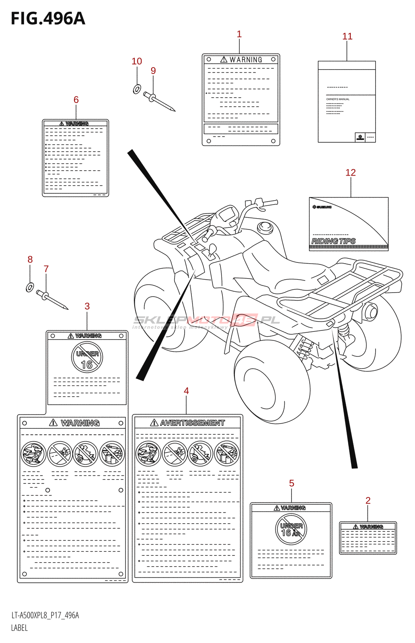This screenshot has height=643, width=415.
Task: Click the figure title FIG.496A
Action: (x=48, y=18)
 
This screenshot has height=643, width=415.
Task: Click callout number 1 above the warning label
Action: (x=239, y=34)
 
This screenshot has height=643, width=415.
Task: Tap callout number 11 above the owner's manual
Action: (x=347, y=37)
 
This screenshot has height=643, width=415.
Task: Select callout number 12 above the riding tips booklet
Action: (x=350, y=172)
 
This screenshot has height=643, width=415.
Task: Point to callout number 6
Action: (x=76, y=100)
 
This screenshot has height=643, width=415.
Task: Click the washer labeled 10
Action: (x=137, y=89)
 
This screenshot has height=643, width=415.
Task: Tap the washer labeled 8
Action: (x=30, y=287)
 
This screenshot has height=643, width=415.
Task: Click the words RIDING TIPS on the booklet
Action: (x=333, y=241)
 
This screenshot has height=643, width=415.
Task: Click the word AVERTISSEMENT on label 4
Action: (x=192, y=423)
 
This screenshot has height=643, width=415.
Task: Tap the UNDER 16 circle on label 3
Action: (x=87, y=357)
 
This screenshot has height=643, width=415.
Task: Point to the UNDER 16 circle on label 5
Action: (x=291, y=529)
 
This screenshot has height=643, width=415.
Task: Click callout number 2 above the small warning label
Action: (x=368, y=500)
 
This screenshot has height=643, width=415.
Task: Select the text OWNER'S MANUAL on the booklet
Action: (x=338, y=99)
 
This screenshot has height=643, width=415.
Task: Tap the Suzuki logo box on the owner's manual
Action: (x=360, y=137)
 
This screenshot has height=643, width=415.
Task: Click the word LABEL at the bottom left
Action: (x=19, y=628)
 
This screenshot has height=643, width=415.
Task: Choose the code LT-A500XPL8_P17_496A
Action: (x=45, y=615)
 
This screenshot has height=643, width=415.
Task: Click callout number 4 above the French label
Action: (x=186, y=391)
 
